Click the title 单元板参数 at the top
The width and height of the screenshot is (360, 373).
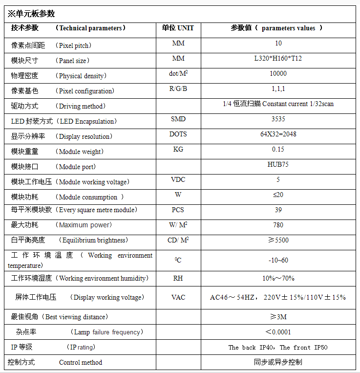pyautogui.click(x=31, y=13)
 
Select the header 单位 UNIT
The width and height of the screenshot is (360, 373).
pyautogui.click(x=178, y=28)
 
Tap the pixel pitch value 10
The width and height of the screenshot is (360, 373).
pyautogui.click(x=278, y=44)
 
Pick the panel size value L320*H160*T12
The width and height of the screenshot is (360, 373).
pyautogui.click(x=278, y=59)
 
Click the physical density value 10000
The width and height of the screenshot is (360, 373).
pyautogui.click(x=278, y=74)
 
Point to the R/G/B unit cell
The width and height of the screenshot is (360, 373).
pyautogui.click(x=178, y=88)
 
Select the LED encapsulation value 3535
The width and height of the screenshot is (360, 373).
pyautogui.click(x=278, y=119)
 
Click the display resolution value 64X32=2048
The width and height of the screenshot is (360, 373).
pyautogui.click(x=278, y=134)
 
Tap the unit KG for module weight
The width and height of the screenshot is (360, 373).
pyautogui.click(x=178, y=149)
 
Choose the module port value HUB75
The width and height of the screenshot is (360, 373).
pyautogui.click(x=278, y=164)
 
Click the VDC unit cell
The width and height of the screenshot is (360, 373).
pyautogui.click(x=178, y=179)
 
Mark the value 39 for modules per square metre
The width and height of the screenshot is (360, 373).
pyautogui.click(x=278, y=210)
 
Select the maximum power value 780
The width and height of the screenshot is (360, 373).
pyautogui.click(x=278, y=225)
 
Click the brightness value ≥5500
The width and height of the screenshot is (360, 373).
pyautogui.click(x=278, y=240)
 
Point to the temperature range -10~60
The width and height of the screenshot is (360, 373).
pyautogui.click(x=278, y=260)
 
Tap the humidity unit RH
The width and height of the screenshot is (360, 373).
pyautogui.click(x=178, y=278)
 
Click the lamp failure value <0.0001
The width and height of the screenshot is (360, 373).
pyautogui.click(x=278, y=332)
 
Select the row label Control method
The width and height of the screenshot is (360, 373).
pyautogui.click(x=81, y=362)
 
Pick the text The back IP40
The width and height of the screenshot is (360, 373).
pyautogui.click(x=252, y=348)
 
